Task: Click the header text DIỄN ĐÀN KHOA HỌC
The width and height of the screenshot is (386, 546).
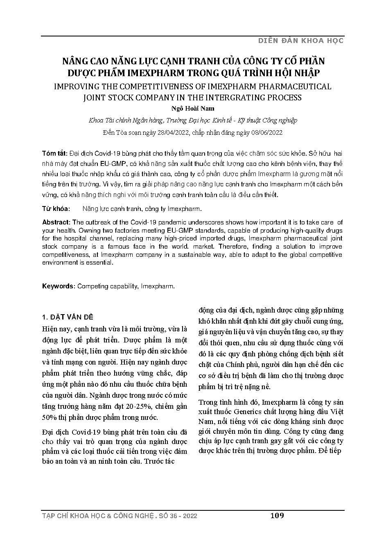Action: pos(300,41)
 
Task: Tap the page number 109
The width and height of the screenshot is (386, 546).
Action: pos(277,515)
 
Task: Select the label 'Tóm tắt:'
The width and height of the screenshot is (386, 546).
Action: pos(54,153)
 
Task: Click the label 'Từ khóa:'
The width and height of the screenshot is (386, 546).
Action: pos(56,208)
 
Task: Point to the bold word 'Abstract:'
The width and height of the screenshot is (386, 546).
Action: pos(56,222)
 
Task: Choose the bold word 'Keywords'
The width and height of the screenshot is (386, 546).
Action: pos(58,286)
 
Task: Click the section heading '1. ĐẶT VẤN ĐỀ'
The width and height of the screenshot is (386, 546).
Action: pos(68,317)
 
